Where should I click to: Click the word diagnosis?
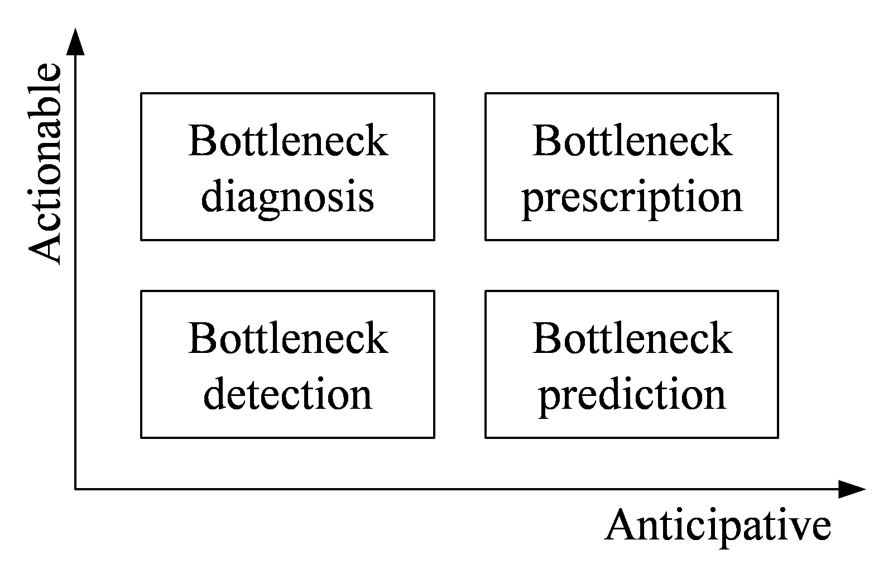287,197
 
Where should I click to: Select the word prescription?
632,197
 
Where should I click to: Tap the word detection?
287,394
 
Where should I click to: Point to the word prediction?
632,394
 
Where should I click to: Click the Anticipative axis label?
718,525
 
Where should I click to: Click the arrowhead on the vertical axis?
75,42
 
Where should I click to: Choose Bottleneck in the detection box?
287,338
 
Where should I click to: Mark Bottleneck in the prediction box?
632,338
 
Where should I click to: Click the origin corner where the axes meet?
75,489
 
